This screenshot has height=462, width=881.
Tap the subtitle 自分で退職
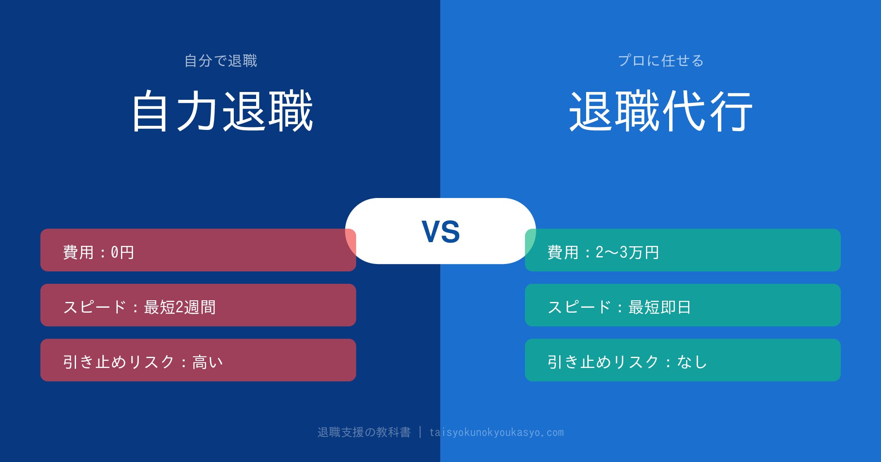tap(221, 61)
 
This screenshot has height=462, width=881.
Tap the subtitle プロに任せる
tap(660, 61)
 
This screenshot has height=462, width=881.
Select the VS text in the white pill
tap(440, 231)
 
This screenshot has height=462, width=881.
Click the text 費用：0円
tap(99, 252)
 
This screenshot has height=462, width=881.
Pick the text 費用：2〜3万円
tap(603, 252)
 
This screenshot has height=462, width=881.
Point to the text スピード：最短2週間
tap(139, 307)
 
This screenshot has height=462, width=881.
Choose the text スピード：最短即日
tap(619, 307)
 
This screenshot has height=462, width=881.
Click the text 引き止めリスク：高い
tap(143, 362)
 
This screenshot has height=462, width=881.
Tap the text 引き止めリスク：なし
tap(627, 362)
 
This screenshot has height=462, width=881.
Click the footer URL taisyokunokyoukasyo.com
tap(496, 432)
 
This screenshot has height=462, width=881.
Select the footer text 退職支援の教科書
tap(364, 432)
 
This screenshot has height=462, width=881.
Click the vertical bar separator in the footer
tap(420, 432)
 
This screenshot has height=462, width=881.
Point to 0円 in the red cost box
tap(122, 252)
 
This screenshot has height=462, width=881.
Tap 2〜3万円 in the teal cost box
tap(627, 252)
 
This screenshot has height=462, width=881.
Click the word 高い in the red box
tap(207, 362)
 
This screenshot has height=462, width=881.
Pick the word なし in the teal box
tap(692, 362)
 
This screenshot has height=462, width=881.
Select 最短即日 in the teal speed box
tap(660, 307)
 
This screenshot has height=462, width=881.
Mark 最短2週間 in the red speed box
tap(180, 307)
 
